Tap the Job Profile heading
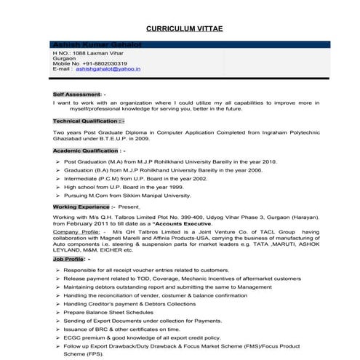tap(68, 259)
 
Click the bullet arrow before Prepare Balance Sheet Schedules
tap(57, 312)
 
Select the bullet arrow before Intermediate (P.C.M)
tap(57, 179)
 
